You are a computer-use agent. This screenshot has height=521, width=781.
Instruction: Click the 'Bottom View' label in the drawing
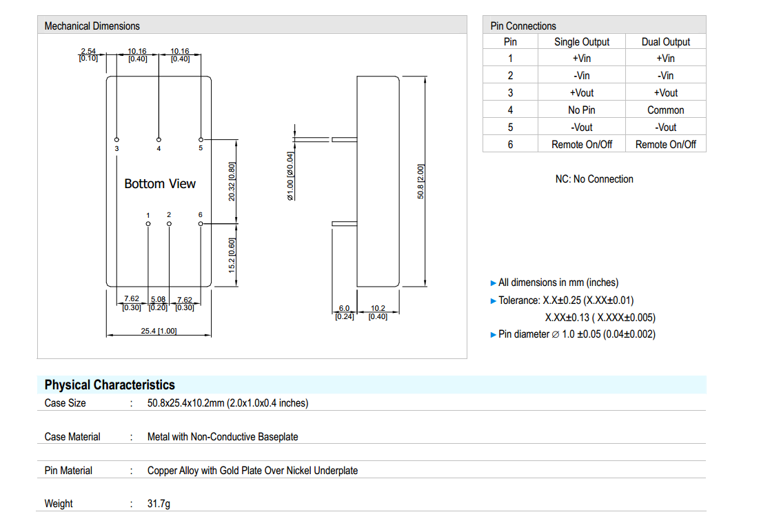coord(160,184)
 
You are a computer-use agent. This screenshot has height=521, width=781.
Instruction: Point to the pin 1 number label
coord(148,215)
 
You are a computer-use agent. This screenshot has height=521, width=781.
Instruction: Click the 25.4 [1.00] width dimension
coord(159,331)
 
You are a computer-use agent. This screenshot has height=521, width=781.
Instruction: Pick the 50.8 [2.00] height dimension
coord(421,182)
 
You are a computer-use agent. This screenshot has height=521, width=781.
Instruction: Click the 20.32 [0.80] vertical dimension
coord(232,181)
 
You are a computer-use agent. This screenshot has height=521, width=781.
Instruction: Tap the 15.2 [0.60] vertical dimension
coord(232,255)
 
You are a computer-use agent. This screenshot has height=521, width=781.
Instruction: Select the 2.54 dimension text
coord(88,52)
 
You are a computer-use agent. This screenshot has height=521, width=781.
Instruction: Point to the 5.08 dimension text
coord(159,299)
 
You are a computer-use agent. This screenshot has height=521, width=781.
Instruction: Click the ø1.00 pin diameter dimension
coord(290,176)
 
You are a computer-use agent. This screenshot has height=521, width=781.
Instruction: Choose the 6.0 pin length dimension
coord(345,309)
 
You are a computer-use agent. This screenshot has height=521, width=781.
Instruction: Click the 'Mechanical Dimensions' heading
coord(92,26)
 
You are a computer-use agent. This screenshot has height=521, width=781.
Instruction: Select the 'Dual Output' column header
coord(665,42)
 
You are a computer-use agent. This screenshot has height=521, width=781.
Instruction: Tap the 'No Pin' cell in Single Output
coord(582,110)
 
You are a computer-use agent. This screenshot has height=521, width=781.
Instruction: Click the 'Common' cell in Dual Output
coord(665,110)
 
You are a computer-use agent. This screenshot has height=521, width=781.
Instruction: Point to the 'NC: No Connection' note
coord(594,179)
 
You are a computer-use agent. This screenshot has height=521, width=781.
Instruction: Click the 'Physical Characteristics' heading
coord(110,385)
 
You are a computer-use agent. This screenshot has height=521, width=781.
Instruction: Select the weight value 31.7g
coord(159,504)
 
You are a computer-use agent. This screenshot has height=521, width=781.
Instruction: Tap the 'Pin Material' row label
coord(68,471)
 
